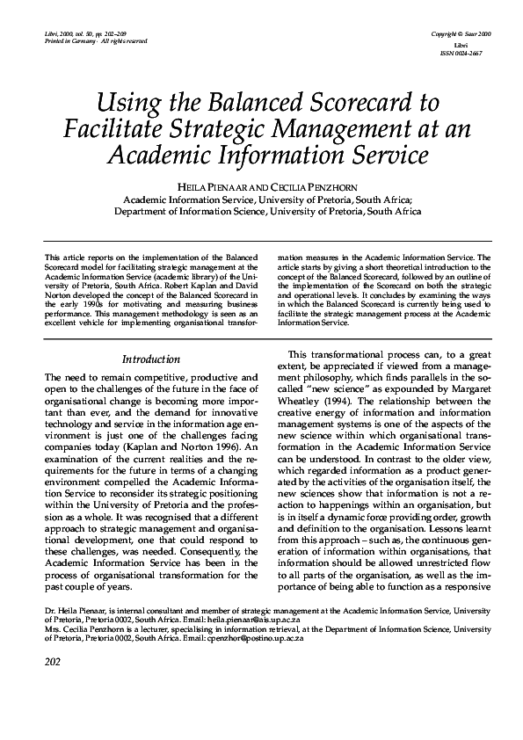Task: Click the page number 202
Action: tap(54, 711)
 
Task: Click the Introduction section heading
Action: tap(150, 359)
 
